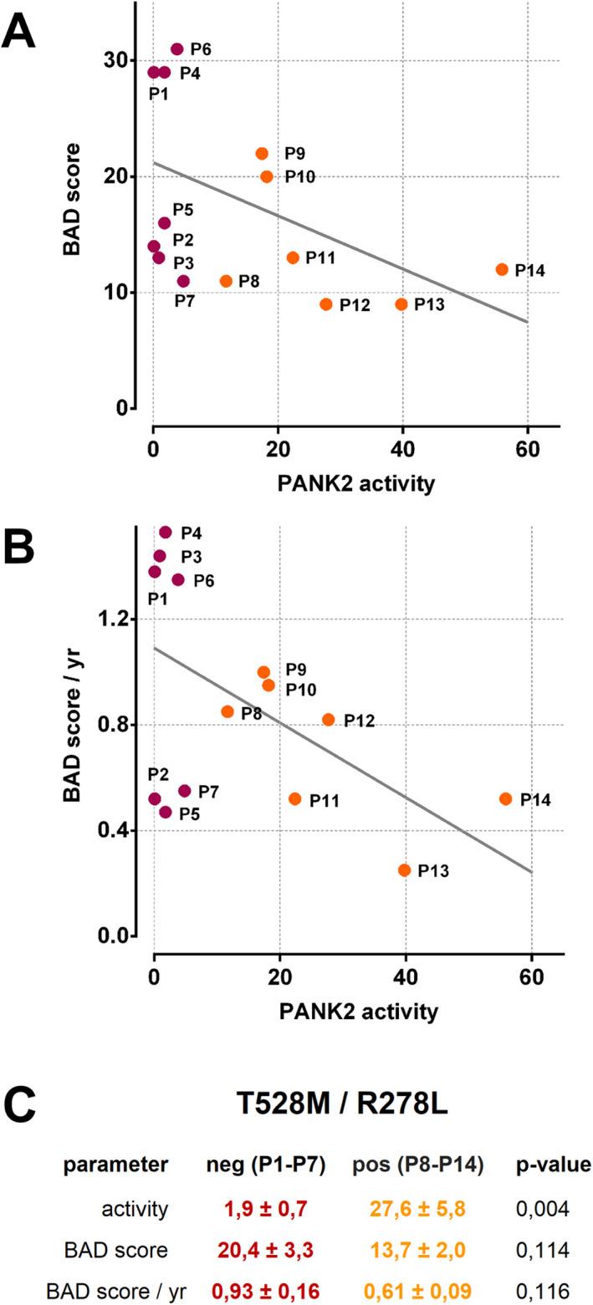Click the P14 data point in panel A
[x=502, y=269]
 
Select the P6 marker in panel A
[x=176, y=49]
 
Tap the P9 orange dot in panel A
[x=262, y=154]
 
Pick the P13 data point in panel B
[x=405, y=870]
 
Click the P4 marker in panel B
[x=166, y=533]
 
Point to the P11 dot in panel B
[x=295, y=799]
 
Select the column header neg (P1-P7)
[x=263, y=1165]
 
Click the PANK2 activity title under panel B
[x=360, y=1012]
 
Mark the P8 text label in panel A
[x=248, y=281]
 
